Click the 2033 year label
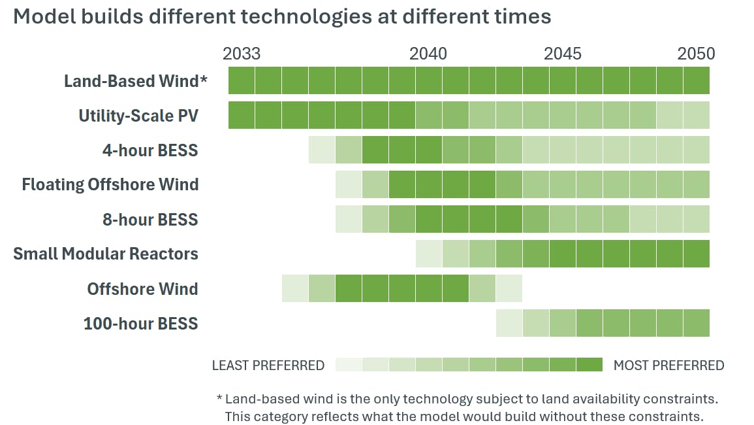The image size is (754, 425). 242,54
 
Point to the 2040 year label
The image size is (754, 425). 428,54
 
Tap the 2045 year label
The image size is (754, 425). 562,54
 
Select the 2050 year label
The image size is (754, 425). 696,54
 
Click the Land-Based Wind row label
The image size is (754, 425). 135,81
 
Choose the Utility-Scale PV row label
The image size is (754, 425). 138,116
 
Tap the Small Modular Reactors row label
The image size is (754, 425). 106,254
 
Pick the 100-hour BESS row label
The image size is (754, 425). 140,323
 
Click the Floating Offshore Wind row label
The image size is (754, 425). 110,184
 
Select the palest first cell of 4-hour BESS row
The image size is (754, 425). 322,150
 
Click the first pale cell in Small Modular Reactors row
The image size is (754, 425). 429,254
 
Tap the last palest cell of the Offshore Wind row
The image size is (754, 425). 509,288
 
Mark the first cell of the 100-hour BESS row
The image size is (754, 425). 509,323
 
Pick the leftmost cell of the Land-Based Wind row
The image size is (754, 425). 242,81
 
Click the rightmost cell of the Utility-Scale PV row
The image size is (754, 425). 696,116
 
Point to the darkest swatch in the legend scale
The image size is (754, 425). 589,365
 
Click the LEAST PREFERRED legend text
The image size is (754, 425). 268,365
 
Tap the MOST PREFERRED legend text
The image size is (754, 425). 668,365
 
